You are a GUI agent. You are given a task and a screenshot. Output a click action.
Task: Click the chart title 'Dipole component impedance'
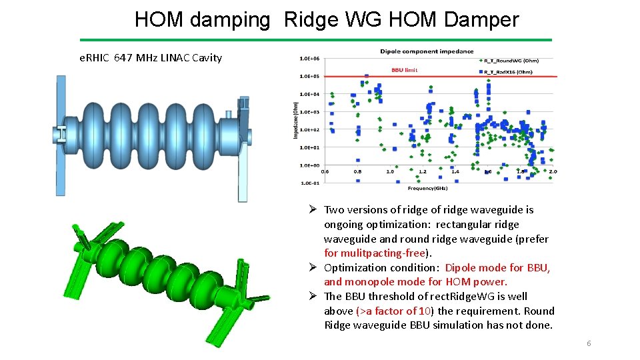tap(427, 51)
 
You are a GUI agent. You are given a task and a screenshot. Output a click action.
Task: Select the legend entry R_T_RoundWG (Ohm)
tap(511, 61)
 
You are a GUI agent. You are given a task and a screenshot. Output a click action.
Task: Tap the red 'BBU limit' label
tap(405, 70)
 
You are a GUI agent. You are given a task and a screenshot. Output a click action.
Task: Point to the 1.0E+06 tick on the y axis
tap(309, 59)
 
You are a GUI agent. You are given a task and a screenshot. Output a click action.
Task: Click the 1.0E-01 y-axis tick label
tap(309, 183)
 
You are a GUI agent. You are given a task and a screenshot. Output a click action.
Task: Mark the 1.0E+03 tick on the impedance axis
tap(309, 112)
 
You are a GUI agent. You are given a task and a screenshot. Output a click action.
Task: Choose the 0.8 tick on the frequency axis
tap(358, 172)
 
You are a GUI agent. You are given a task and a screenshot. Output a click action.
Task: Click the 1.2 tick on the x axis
tap(423, 172)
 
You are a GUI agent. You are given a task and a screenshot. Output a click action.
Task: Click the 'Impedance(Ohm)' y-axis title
tap(295, 120)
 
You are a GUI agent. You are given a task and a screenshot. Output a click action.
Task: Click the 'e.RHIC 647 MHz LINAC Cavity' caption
tap(151, 58)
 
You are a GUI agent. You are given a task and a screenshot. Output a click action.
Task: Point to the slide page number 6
tap(589, 343)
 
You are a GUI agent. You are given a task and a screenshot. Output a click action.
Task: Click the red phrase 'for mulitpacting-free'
tap(377, 253)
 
